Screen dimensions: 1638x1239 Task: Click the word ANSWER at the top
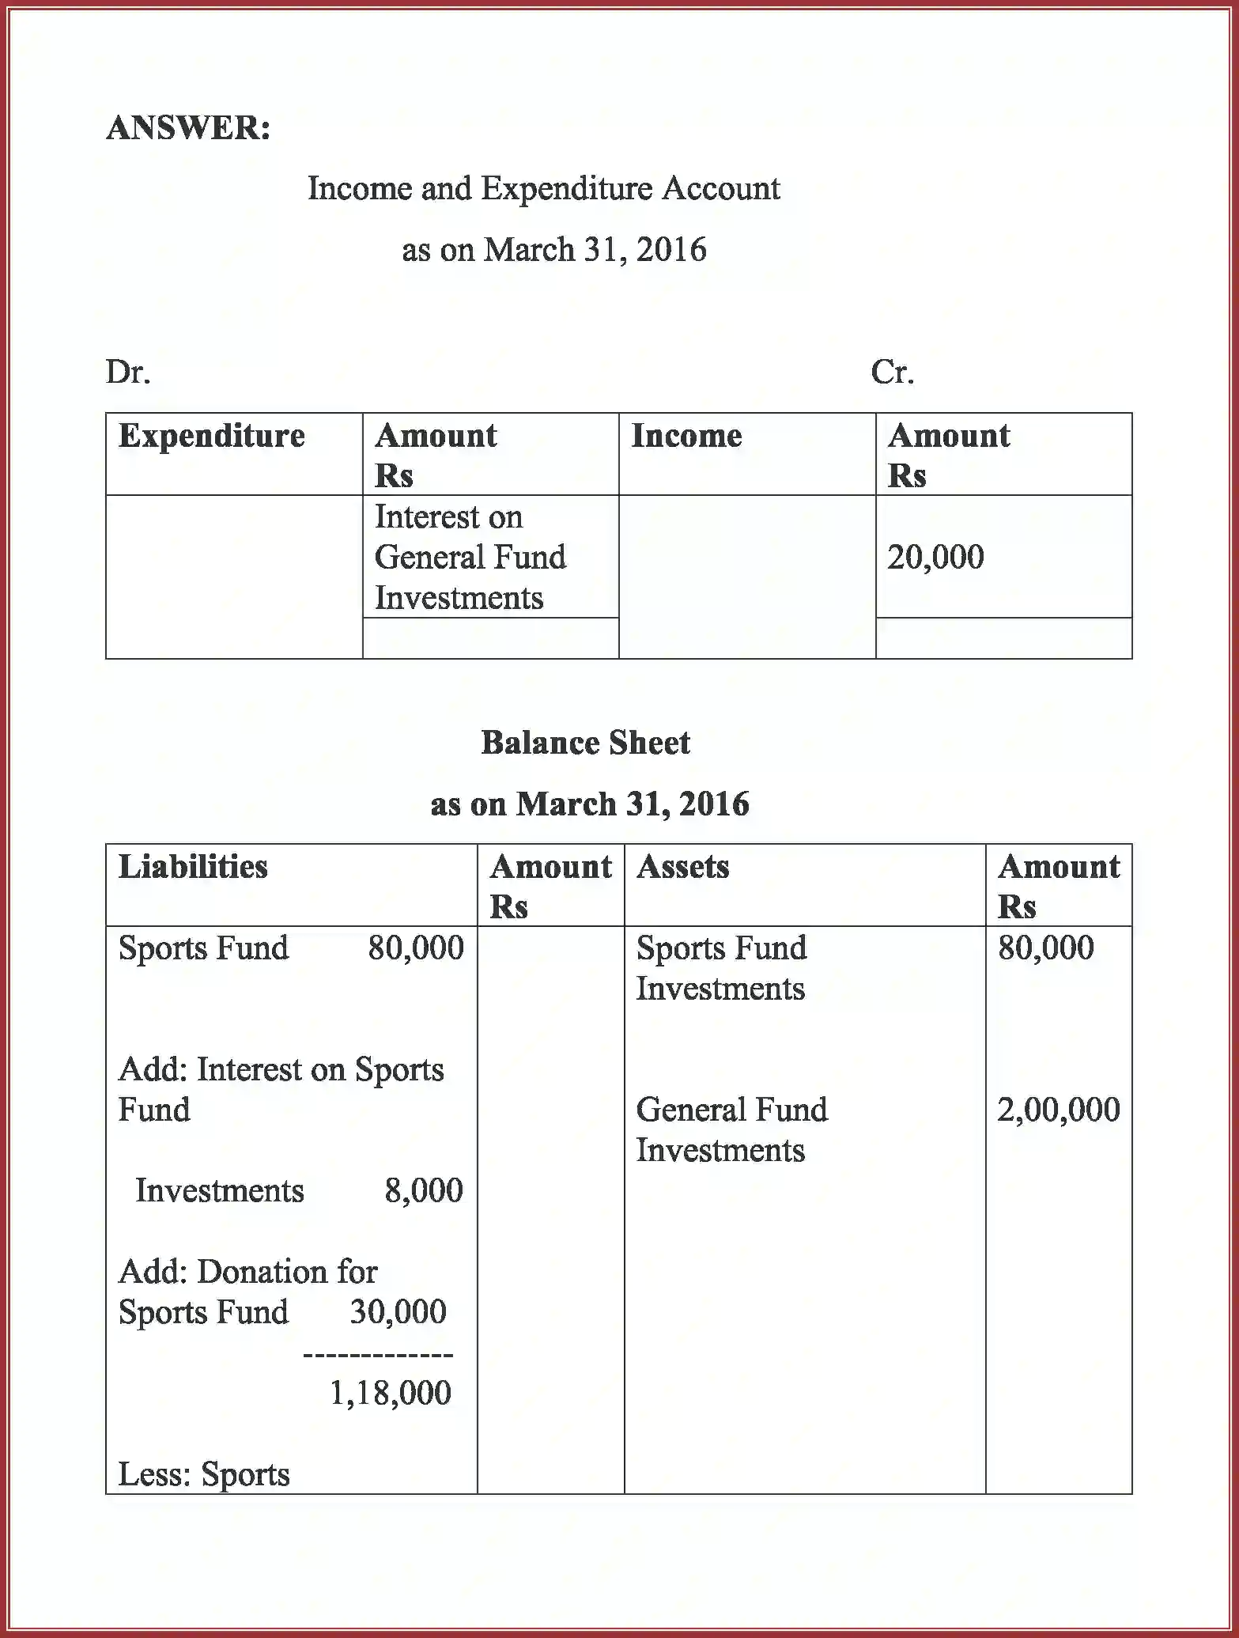point(188,128)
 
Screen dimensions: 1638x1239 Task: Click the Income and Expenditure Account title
point(543,189)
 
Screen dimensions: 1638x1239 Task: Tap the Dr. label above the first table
point(128,372)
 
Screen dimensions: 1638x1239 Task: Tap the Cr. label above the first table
point(892,372)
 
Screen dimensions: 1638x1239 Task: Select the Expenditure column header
point(211,437)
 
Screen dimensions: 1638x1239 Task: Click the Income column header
point(686,437)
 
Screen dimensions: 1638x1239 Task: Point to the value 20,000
point(935,558)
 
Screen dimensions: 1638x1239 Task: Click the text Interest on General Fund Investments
point(470,558)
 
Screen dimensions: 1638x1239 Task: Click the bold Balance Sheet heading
point(585,743)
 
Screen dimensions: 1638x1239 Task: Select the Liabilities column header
point(193,868)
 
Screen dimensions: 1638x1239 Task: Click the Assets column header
point(682,868)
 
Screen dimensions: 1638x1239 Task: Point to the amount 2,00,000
point(1058,1110)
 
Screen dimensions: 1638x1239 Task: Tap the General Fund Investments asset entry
point(731,1129)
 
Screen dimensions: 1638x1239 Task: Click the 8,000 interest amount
point(423,1191)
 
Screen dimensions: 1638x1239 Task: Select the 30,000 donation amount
point(398,1312)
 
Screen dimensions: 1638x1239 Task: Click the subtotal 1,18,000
point(390,1394)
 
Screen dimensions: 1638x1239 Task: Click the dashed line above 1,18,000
point(378,1355)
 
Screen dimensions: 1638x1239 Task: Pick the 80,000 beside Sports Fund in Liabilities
point(415,948)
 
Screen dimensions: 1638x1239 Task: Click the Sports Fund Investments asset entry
point(720,968)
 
